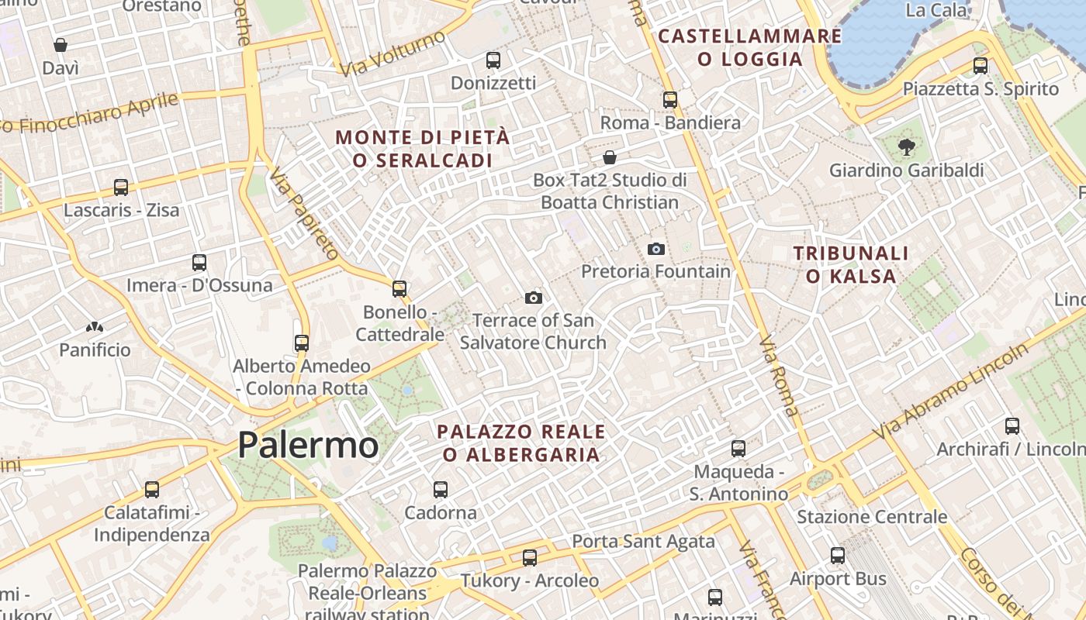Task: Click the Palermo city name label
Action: [x=308, y=445]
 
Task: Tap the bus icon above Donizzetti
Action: [x=493, y=60]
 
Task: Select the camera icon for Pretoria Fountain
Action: [x=656, y=249]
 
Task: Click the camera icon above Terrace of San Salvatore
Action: [x=533, y=298]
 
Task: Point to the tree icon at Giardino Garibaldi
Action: [x=905, y=146]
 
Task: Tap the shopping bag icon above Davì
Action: [x=60, y=45]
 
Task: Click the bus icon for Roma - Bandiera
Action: [x=670, y=99]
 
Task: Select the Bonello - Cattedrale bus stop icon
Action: [x=399, y=289]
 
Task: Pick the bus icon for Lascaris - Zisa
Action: [x=121, y=187]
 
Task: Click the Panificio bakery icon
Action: [x=95, y=328]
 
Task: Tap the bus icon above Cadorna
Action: [x=441, y=489]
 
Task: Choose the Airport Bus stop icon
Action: [x=838, y=555]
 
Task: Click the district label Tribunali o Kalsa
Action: [x=851, y=264]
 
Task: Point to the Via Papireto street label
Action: [x=305, y=212]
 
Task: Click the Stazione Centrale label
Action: [x=872, y=517]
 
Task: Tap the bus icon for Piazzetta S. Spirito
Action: [x=981, y=66]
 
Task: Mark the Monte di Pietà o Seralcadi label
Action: [x=423, y=149]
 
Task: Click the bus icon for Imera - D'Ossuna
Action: [x=199, y=263]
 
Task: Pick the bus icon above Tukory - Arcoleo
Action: [x=530, y=557]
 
